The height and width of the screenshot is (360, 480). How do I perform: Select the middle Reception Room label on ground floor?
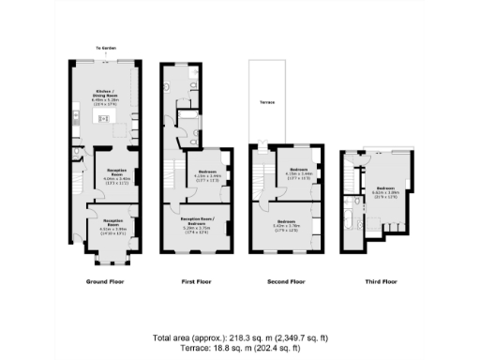(x=116, y=173)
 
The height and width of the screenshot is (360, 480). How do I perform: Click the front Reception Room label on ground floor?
(x=112, y=225)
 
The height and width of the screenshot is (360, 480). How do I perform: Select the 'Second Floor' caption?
(x=286, y=281)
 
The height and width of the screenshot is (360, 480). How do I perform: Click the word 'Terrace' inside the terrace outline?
(x=267, y=104)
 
